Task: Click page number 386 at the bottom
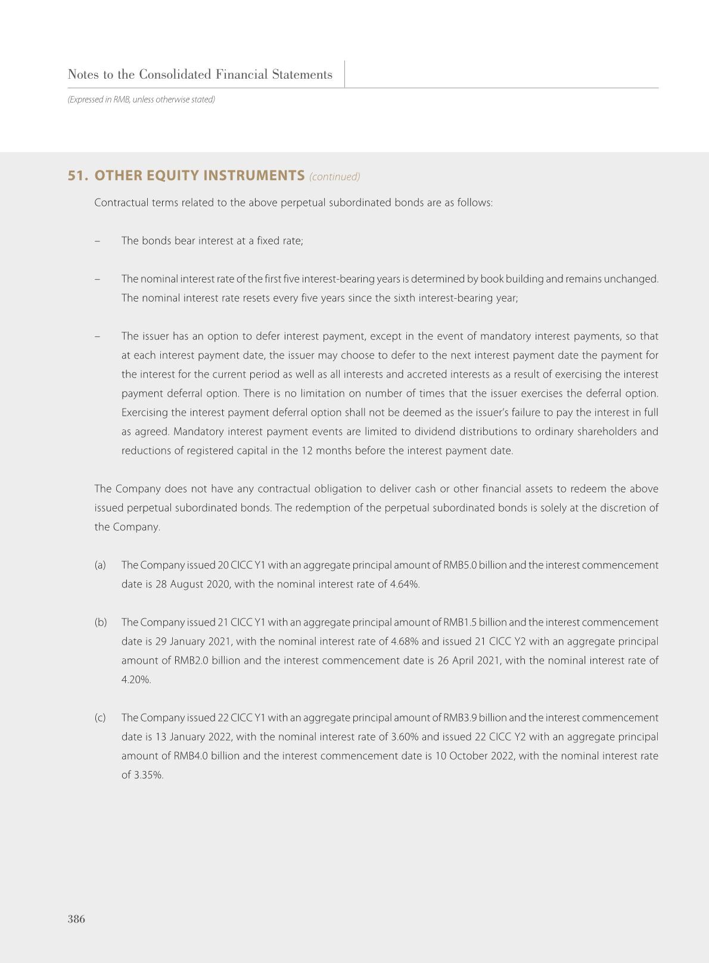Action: click(76, 919)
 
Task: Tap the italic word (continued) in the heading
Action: click(334, 177)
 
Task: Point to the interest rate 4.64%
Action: click(405, 584)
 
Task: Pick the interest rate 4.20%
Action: click(136, 680)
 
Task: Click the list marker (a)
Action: click(100, 565)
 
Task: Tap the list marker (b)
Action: click(101, 623)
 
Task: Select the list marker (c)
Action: click(100, 718)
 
